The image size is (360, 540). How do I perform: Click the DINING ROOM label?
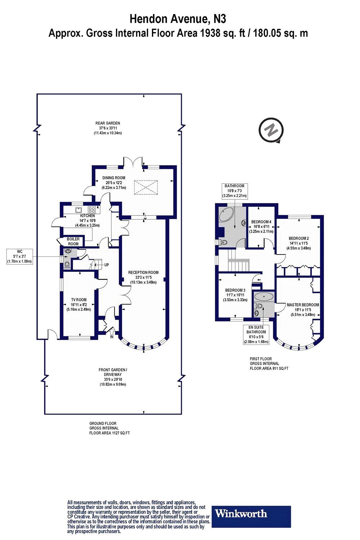(114, 178)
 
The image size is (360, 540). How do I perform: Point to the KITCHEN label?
(87, 216)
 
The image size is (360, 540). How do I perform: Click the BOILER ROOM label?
(73, 242)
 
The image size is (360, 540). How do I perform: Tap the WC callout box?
(20, 257)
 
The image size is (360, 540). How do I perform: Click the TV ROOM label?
(79, 300)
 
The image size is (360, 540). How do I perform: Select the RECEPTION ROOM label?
(143, 273)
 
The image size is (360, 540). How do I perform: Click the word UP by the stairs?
(107, 265)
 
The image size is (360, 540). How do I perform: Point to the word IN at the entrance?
(112, 337)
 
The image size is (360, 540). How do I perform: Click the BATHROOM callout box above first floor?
(235, 191)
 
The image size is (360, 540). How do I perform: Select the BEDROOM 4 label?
(261, 222)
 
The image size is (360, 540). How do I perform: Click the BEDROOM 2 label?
(299, 238)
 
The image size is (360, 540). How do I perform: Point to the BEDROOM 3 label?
(235, 290)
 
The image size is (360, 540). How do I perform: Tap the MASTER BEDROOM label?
(303, 305)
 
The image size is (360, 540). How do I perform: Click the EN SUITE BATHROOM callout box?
(256, 334)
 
